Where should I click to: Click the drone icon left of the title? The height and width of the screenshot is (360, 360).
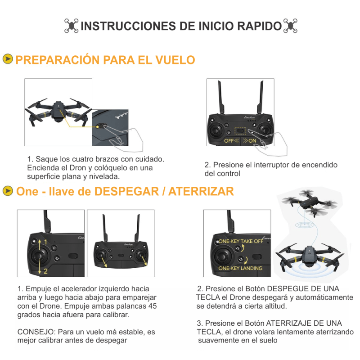[71, 26]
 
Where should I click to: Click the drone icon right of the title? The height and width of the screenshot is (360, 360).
[290, 26]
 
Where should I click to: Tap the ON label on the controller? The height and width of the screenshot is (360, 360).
[252, 141]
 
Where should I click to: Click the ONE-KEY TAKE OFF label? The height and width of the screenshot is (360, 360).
[241, 241]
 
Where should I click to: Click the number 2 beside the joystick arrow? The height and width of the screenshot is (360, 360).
[45, 271]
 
